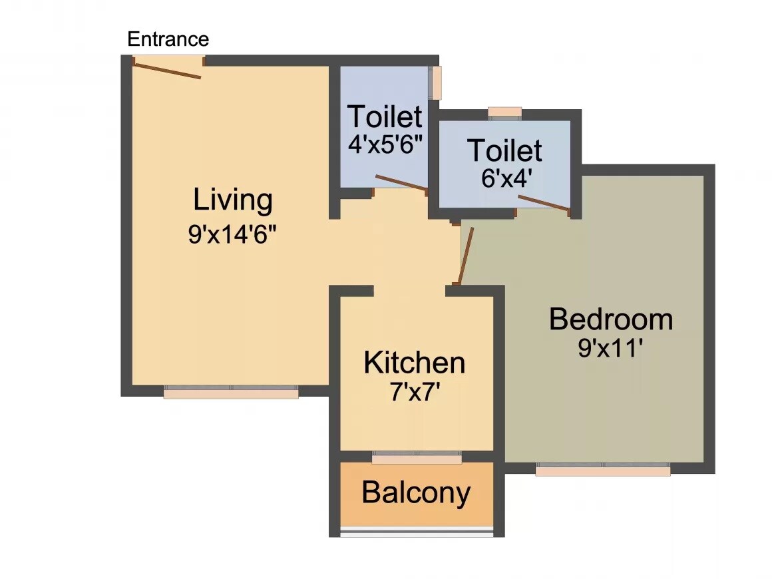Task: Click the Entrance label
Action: pyautogui.click(x=168, y=39)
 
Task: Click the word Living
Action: pyautogui.click(x=233, y=200)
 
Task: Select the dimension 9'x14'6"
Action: pyautogui.click(x=232, y=235)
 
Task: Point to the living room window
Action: pyautogui.click(x=231, y=393)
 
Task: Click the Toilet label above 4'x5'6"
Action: pyautogui.click(x=385, y=116)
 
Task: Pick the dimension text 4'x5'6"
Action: pyautogui.click(x=386, y=144)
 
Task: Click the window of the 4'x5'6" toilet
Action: pyautogui.click(x=436, y=83)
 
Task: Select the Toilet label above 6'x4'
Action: pyautogui.click(x=504, y=151)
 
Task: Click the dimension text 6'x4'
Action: pyautogui.click(x=506, y=178)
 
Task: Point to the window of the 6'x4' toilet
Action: pyautogui.click(x=504, y=112)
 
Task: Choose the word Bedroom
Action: pyautogui.click(x=610, y=320)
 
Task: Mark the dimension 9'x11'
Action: pyautogui.click(x=610, y=349)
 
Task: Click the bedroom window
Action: pyautogui.click(x=602, y=470)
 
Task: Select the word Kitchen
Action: pyautogui.click(x=414, y=363)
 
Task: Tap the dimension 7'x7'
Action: pyautogui.click(x=415, y=393)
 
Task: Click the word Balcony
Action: pyautogui.click(x=416, y=493)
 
